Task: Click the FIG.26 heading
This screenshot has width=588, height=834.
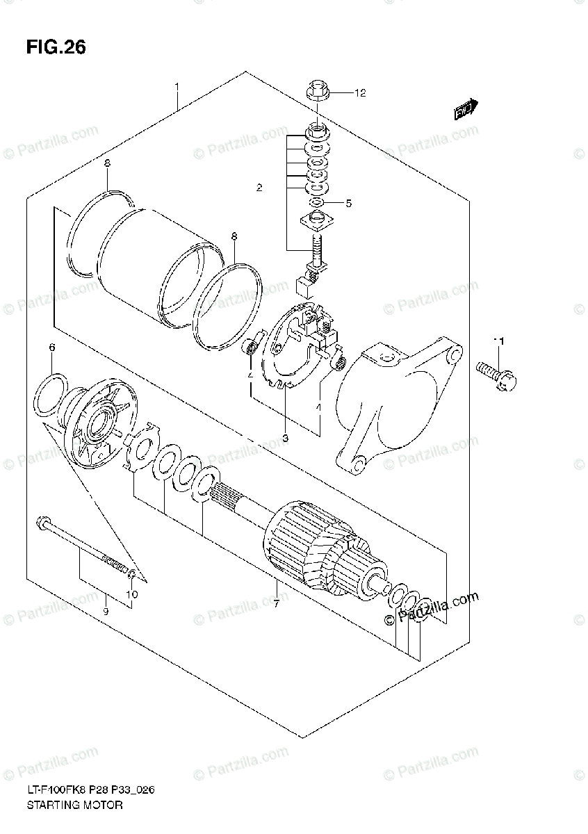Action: pos(56,47)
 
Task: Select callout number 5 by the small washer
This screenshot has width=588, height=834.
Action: pos(348,204)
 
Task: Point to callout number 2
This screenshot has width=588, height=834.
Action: pos(259,188)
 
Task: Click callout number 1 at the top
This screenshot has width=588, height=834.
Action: pos(177,87)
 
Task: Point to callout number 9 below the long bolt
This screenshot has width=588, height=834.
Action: pos(106,612)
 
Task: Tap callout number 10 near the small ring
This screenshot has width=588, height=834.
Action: pos(132,594)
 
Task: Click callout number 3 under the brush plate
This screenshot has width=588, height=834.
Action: pos(284,437)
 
